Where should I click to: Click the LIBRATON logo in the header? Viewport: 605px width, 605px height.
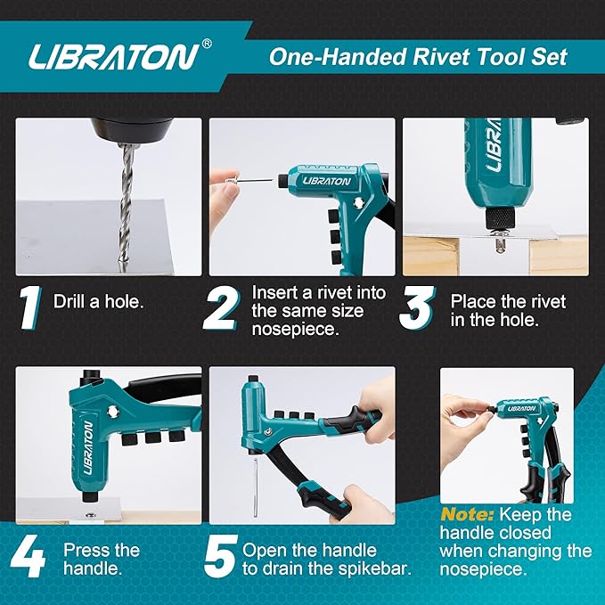pos(111,57)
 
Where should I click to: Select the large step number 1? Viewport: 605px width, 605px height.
pos(30,308)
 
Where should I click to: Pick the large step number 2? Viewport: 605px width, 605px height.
pos(220,308)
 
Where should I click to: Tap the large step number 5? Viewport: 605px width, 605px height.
pos(219,558)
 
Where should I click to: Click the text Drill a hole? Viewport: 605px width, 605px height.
pos(98,301)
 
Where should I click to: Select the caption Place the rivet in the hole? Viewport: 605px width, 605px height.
pos(507,310)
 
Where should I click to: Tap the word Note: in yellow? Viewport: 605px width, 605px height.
pos(467,514)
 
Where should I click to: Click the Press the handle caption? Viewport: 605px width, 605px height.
pos(102,560)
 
